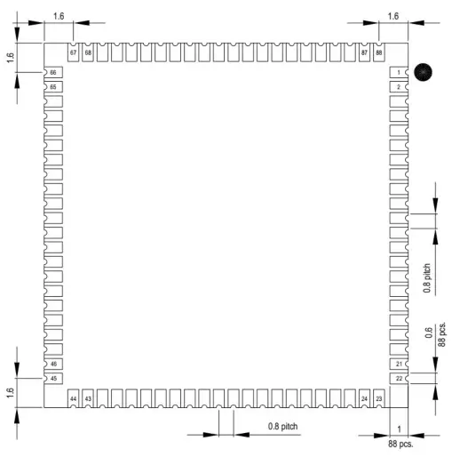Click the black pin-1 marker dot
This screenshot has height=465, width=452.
[x=423, y=72]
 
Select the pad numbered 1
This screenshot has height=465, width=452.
[x=399, y=72]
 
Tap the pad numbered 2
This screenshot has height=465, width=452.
[x=399, y=87]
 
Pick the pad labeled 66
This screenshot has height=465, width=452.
[x=53, y=72]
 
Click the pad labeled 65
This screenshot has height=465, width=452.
[x=53, y=87]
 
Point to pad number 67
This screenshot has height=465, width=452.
[x=73, y=52]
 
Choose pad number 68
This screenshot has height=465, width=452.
[x=88, y=52]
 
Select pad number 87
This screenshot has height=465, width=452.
[x=364, y=52]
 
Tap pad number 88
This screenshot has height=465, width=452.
[x=379, y=52]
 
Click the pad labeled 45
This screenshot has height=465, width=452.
[x=53, y=379]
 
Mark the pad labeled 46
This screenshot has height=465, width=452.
[x=53, y=364]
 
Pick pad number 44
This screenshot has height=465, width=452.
[x=73, y=398]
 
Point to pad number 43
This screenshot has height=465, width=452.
[x=88, y=398]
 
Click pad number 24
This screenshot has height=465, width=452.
[x=364, y=398]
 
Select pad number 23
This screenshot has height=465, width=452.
[x=379, y=398]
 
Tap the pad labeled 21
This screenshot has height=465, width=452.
[x=399, y=364]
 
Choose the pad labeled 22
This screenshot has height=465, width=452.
[x=399, y=379]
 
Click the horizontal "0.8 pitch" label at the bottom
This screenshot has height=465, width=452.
[x=282, y=427]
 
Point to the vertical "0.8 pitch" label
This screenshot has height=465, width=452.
[x=426, y=278]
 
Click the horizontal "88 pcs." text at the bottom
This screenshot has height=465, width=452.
[x=400, y=444]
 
